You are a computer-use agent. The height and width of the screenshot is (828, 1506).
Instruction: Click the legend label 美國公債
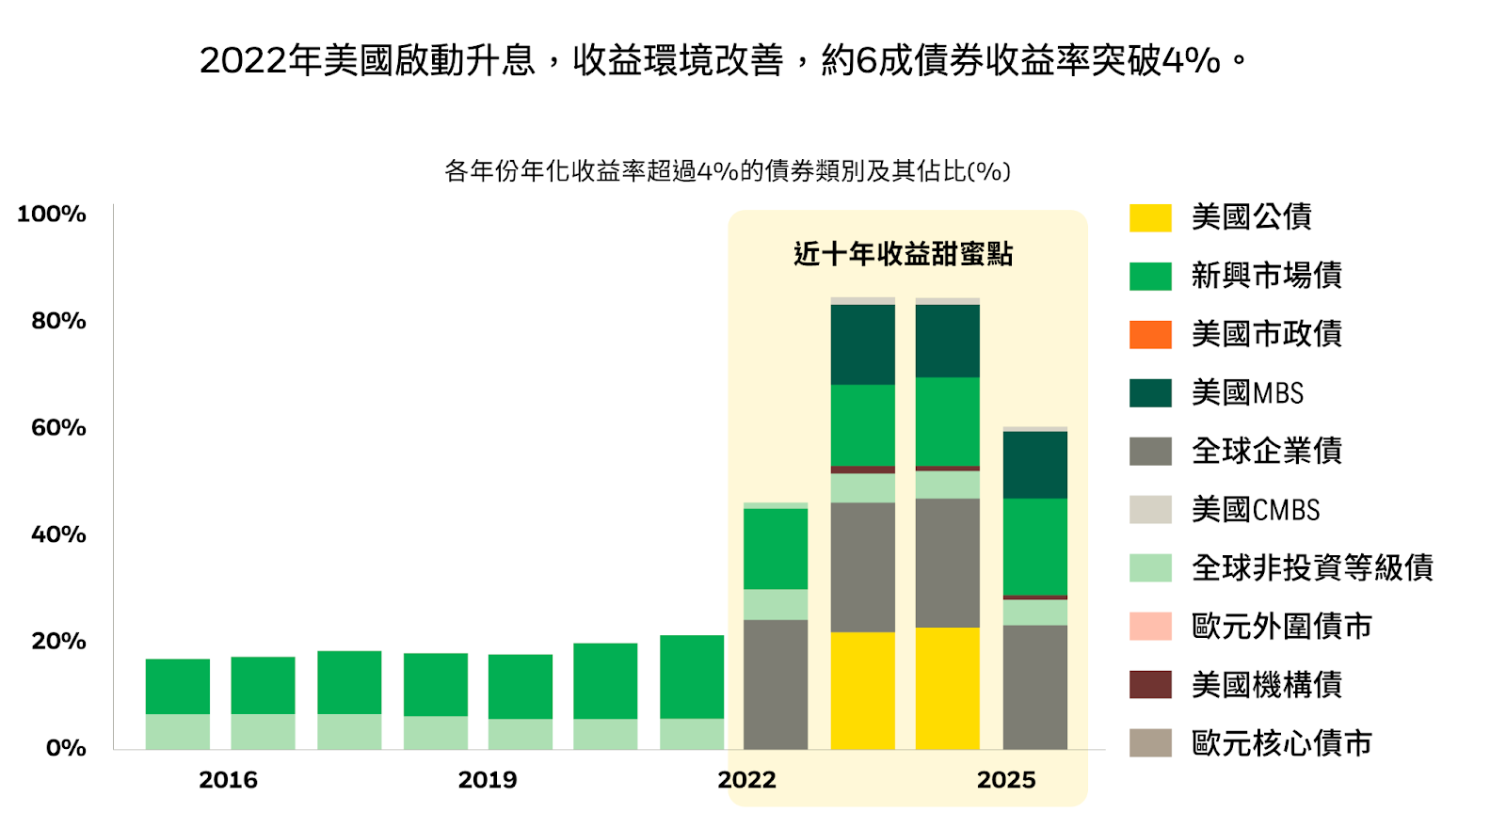tap(1251, 217)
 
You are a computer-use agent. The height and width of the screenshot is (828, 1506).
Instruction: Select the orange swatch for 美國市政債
tap(1150, 335)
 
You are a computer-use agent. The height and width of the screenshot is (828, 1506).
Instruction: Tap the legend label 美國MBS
tap(1247, 392)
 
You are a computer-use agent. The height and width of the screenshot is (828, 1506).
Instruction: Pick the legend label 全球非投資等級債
tap(1312, 567)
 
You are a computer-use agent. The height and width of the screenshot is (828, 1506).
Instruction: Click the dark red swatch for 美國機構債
tap(1150, 685)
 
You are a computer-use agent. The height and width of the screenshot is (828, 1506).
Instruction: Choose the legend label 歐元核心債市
tap(1281, 743)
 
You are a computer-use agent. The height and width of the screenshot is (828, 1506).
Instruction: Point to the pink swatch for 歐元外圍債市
tap(1150, 627)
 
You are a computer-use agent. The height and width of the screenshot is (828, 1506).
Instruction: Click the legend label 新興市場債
tap(1266, 276)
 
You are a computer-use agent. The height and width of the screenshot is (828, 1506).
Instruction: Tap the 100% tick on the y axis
tap(52, 215)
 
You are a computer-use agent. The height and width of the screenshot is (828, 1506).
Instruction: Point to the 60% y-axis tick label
tap(58, 428)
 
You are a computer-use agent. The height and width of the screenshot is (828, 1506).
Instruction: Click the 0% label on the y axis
tap(66, 749)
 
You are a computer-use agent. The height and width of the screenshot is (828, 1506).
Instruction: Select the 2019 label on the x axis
tap(487, 780)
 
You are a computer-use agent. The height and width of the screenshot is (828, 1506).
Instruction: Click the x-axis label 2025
tap(1005, 780)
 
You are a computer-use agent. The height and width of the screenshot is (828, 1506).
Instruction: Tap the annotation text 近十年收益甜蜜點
tap(903, 254)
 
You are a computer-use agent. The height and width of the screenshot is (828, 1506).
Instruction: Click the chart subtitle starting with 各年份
tap(727, 171)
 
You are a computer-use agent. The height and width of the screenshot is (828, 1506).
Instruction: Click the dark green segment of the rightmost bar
tap(1034, 465)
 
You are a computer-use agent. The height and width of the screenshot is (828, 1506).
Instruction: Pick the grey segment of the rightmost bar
tap(1034, 687)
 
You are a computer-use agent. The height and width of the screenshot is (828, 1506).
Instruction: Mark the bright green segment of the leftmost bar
tap(178, 686)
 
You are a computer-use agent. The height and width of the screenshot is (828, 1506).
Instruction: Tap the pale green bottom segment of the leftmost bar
tap(178, 732)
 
